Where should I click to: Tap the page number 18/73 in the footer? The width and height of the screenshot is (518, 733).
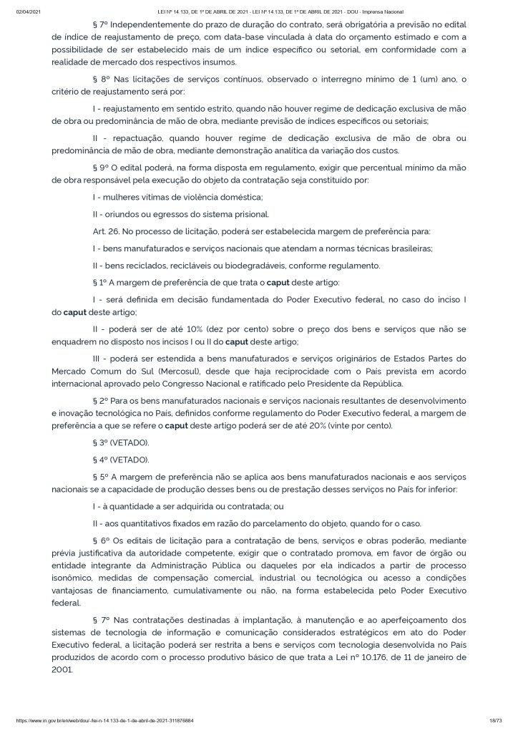[x=494, y=720]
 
